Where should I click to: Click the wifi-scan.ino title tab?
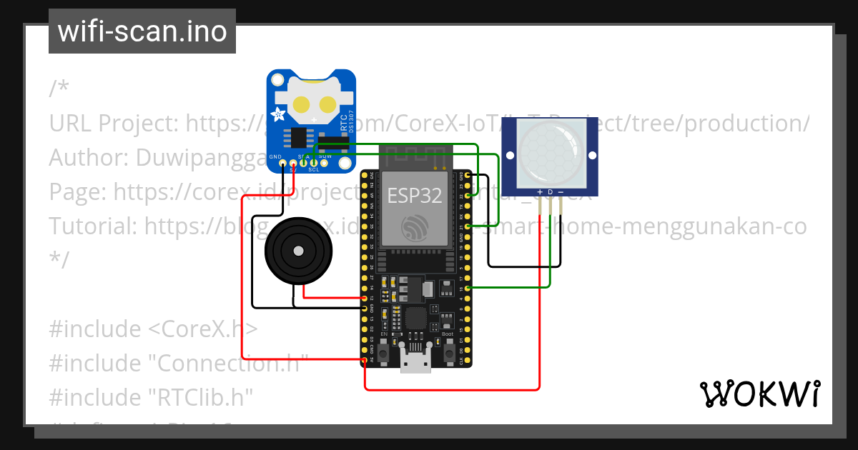tap(142, 31)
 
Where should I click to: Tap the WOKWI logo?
tap(759, 394)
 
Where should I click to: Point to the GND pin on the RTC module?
tap(283, 164)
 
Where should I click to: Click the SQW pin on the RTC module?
tap(324, 164)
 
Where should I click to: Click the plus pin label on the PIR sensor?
tap(539, 192)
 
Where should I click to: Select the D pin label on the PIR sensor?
tap(550, 192)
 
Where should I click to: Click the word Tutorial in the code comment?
tap(92, 226)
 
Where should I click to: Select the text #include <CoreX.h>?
tap(152, 329)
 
